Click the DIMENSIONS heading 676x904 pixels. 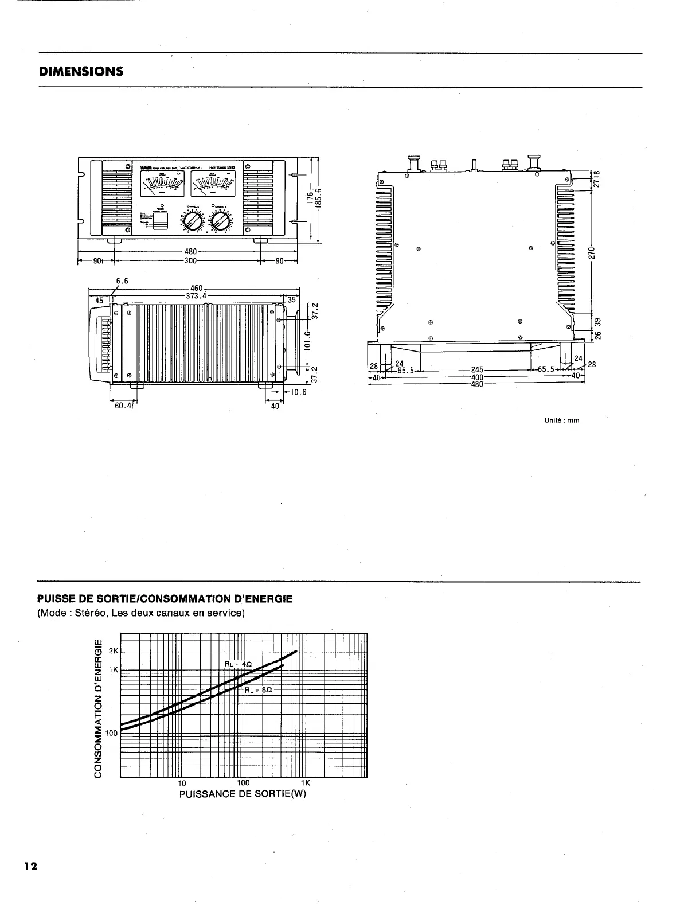81,72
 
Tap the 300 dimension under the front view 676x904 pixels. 190,260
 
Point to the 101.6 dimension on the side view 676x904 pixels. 307,341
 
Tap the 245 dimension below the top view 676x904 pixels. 477,370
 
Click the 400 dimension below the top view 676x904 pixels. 476,377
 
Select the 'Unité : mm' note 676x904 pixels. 561,420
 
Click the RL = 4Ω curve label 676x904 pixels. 238,664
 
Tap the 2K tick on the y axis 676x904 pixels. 113,652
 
